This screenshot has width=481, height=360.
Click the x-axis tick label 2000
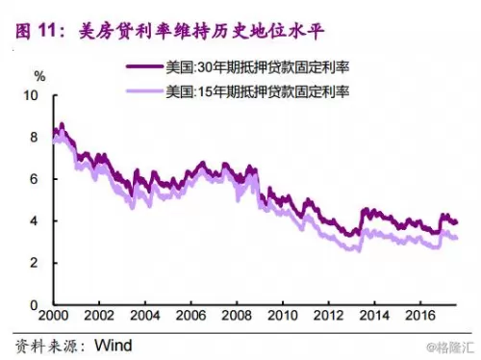53,316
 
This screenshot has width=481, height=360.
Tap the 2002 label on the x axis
99,316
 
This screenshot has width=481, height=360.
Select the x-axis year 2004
145,316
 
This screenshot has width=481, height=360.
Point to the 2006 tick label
190,316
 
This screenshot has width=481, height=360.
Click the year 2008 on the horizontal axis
237,316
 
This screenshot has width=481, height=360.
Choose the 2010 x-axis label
283,316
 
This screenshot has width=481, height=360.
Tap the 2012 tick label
328,316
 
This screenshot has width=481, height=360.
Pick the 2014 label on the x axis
374,316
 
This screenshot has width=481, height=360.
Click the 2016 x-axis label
420,316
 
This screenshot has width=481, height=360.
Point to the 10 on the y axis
31,95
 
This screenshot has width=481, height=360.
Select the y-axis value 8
34,138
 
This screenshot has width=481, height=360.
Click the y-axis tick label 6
34,179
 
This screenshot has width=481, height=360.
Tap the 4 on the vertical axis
34,221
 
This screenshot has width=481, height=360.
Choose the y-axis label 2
34,263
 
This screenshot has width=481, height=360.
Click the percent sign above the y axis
39,77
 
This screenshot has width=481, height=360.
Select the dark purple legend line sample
145,66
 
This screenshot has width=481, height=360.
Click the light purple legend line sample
145,91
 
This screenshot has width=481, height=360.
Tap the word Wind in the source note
114,346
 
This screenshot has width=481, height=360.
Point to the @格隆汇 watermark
450,347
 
